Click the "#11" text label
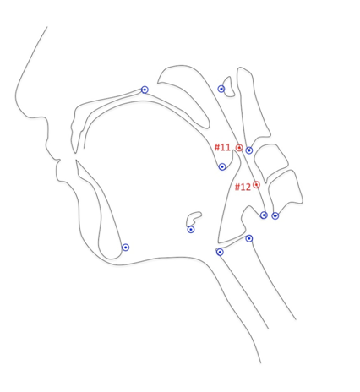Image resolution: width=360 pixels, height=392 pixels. point(222,147)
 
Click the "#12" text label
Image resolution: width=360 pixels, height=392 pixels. point(243,187)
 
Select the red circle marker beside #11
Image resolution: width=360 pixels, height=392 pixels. point(239,148)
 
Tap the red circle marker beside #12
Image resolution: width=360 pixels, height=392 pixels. point(256,185)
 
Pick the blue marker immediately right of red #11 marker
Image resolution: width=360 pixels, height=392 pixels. point(249,150)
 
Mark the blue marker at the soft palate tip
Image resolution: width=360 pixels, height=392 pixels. point(222,166)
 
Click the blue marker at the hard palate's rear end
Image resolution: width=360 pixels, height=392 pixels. point(145,90)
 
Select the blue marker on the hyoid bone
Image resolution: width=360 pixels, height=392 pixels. point(191,230)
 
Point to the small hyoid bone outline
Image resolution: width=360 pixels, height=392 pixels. point(194,219)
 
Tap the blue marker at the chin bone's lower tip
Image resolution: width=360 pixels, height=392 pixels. point(125,248)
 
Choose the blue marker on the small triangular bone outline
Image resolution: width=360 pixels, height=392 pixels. point(221,89)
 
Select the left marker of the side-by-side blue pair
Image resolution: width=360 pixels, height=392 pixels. point(264,215)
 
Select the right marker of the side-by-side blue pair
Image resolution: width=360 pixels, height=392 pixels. point(275,216)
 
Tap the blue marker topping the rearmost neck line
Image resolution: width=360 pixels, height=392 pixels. point(249,238)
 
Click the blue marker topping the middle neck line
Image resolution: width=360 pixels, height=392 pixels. point(220,252)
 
